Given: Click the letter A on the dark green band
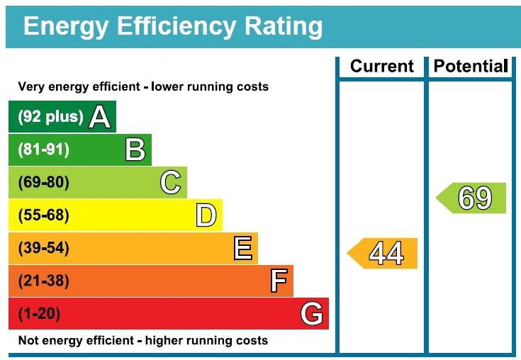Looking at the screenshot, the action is (x=100, y=116).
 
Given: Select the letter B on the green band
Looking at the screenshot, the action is (x=135, y=150).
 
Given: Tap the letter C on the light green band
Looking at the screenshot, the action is (x=170, y=182).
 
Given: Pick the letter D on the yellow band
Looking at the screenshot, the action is (x=206, y=215).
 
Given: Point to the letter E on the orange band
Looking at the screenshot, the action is (x=243, y=248).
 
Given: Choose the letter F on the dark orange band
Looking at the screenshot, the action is (x=279, y=281).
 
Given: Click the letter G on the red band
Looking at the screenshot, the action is (x=312, y=313).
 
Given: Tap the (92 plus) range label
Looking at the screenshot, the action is (x=50, y=116).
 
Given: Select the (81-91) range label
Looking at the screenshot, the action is (x=44, y=150).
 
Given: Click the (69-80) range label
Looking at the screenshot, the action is (x=44, y=182).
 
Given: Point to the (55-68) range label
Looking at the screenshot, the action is (x=44, y=215).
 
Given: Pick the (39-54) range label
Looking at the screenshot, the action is (x=44, y=248).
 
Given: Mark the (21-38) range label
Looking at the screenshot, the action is (x=44, y=281).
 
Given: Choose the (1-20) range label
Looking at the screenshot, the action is (x=39, y=313).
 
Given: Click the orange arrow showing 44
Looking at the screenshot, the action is (x=382, y=254).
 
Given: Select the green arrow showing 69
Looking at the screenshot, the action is (x=471, y=198).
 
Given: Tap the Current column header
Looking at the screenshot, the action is (x=382, y=66).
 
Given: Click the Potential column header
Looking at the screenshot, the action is (x=471, y=66).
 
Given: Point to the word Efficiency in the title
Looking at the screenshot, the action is (x=177, y=26).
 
